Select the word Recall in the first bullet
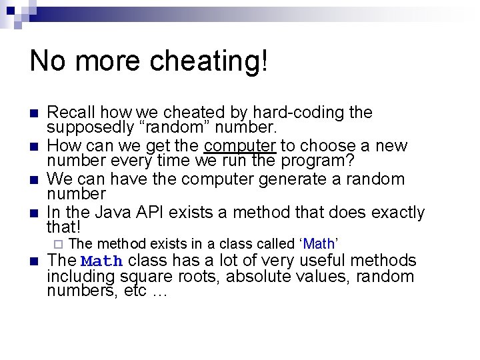(x=73, y=113)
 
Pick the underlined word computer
(x=240, y=146)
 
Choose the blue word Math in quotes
(x=318, y=244)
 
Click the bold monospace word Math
(x=102, y=261)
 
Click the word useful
(x=306, y=261)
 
